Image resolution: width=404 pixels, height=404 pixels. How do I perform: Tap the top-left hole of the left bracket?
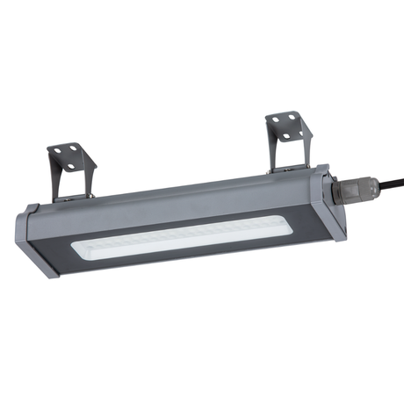coord(58,152)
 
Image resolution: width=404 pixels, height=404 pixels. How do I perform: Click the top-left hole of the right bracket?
coord(277,119)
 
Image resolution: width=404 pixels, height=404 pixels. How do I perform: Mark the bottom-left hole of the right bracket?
coord(282,133)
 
